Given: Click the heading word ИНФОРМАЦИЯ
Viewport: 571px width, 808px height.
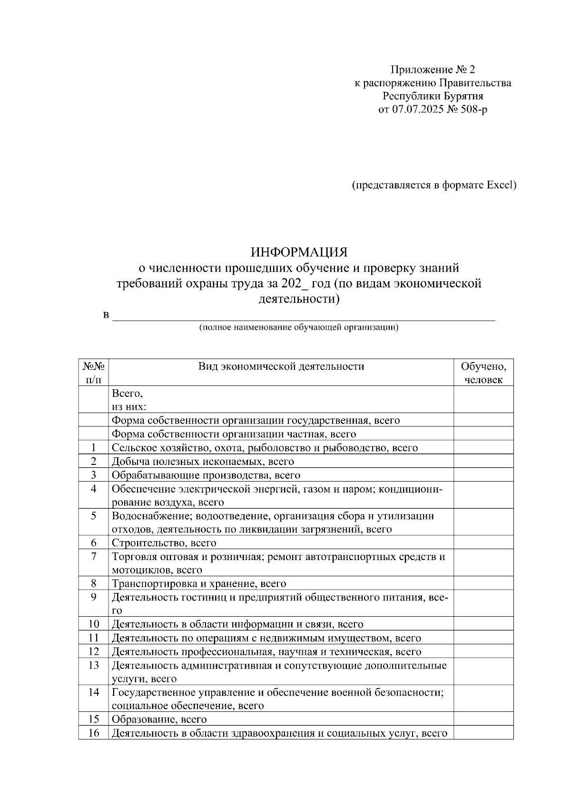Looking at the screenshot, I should (299, 251).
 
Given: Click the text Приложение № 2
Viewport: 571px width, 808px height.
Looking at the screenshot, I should (433, 70).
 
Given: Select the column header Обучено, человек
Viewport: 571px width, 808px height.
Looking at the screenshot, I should (483, 373).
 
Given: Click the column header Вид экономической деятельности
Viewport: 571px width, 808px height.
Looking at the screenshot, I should (281, 366).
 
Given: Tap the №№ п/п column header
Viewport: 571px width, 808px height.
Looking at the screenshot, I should (94, 373).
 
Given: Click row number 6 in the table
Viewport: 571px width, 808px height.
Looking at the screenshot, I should (94, 543).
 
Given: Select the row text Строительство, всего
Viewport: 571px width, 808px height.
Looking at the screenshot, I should (164, 543).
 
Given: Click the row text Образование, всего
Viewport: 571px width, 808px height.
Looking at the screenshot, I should (159, 719).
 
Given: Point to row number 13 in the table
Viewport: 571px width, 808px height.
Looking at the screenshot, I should (94, 665).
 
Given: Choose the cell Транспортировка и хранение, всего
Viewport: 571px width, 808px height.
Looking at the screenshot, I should (198, 583).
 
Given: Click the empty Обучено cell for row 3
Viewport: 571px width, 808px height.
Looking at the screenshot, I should (483, 475).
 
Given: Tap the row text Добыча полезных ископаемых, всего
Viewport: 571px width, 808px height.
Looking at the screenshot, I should (203, 462).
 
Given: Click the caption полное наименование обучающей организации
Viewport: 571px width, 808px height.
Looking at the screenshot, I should (299, 327).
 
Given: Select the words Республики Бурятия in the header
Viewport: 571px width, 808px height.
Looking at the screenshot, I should (433, 96).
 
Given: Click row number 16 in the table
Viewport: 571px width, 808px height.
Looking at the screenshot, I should (94, 733).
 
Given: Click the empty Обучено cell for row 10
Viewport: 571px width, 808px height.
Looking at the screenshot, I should (483, 624).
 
